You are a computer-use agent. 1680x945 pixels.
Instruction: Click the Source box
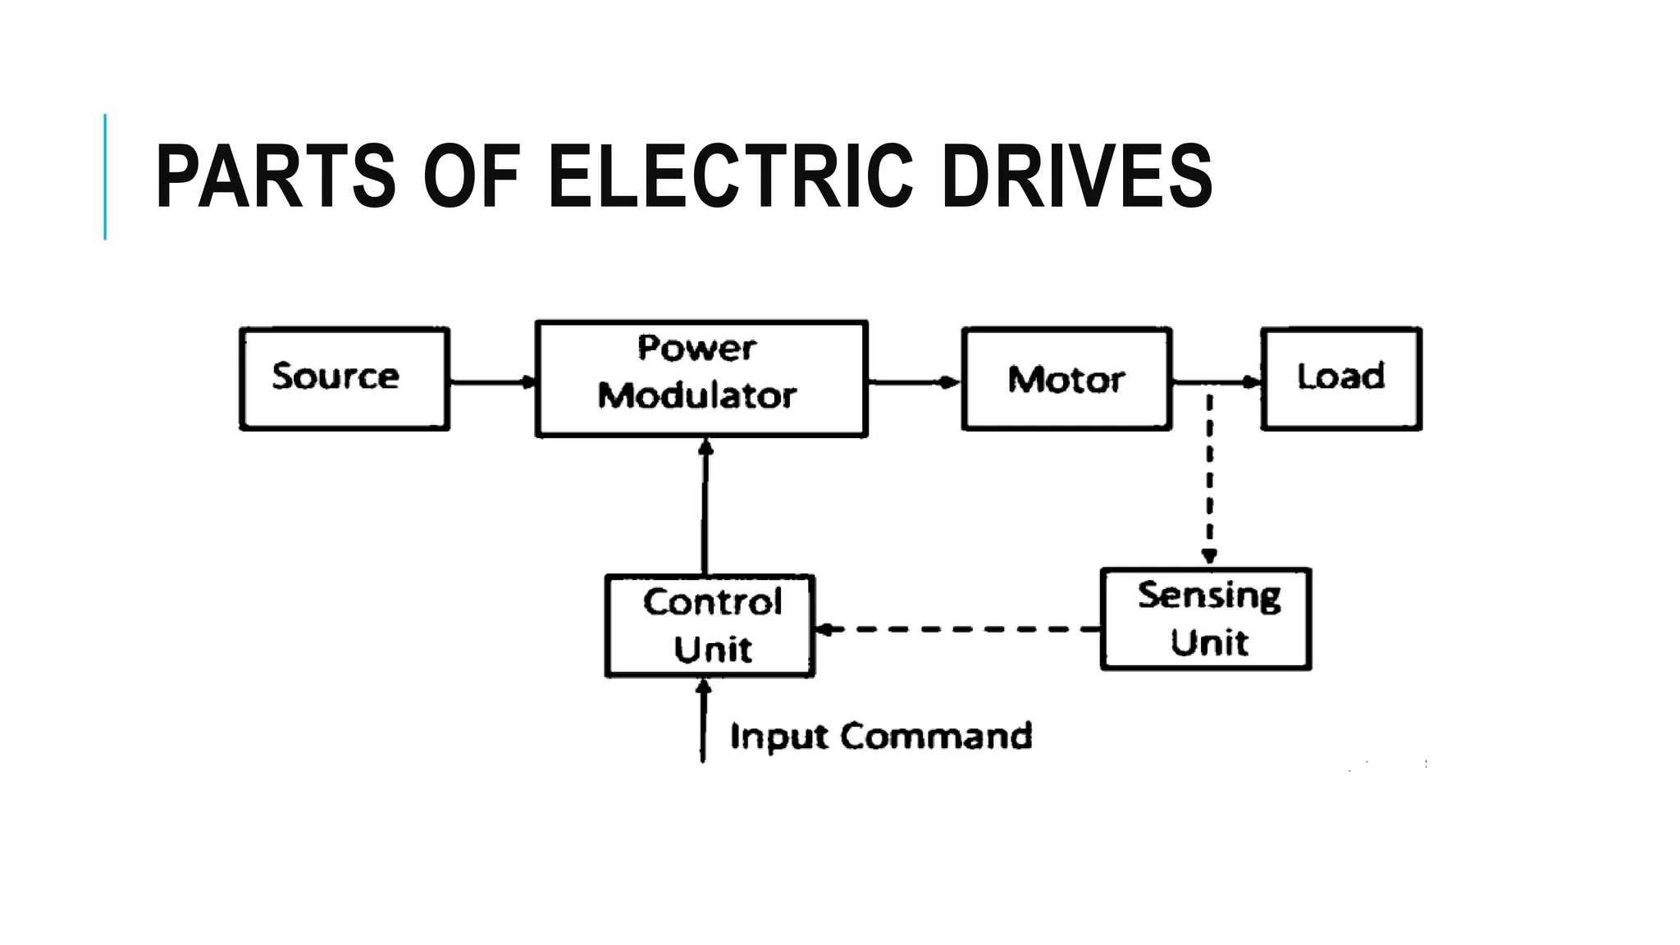[x=344, y=378]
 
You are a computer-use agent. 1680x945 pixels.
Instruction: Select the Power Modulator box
[x=701, y=378]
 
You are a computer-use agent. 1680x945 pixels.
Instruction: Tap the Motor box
[x=1066, y=378]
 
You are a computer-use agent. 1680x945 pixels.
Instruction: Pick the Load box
[x=1340, y=378]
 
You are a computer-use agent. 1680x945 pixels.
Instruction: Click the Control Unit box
[x=710, y=626]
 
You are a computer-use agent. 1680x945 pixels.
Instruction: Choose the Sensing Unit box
[x=1205, y=619]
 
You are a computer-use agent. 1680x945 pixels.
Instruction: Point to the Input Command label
[x=880, y=736]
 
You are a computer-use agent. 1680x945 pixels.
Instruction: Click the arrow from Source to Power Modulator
[x=491, y=382]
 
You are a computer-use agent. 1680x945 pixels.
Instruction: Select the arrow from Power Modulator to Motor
[x=913, y=382]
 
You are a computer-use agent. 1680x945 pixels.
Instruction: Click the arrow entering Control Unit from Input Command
[x=703, y=722]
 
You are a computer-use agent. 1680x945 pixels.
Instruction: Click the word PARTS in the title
[x=276, y=177]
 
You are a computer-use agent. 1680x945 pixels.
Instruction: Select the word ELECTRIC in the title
[x=729, y=177]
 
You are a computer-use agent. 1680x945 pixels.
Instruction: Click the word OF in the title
[x=472, y=177]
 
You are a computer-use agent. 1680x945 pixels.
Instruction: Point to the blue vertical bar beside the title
[x=105, y=177]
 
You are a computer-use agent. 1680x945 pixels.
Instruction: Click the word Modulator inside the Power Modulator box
[x=696, y=396]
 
